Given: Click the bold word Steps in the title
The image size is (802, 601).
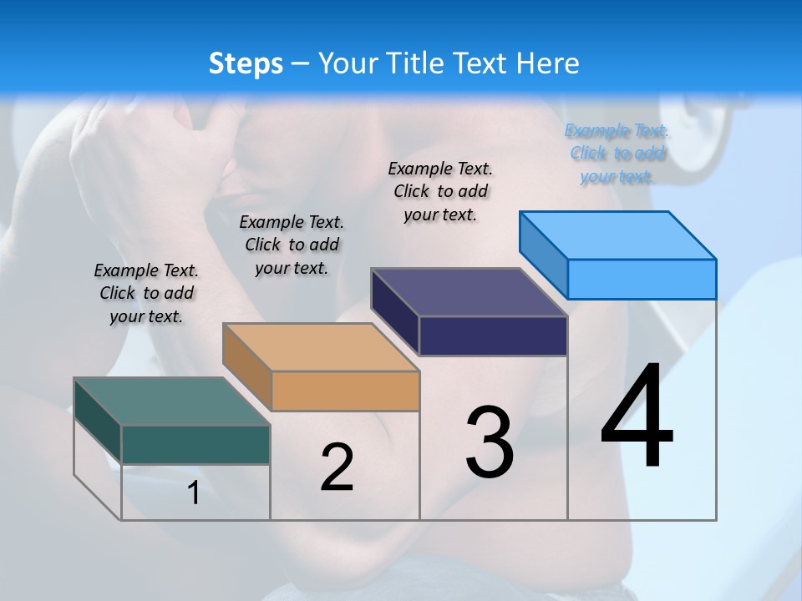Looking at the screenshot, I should tap(245, 63).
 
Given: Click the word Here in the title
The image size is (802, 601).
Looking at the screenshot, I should tap(547, 63).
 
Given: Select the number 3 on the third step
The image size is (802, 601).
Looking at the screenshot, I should tap(489, 442).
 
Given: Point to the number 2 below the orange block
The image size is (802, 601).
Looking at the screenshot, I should tap(337, 467).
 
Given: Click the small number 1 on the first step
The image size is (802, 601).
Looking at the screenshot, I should tap(193, 493).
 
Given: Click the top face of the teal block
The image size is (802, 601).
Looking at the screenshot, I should tap(171, 402).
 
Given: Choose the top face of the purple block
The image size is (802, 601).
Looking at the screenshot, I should tap(470, 292).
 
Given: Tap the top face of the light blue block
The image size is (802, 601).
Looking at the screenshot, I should tap(618, 235).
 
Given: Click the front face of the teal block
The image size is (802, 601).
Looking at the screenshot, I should tap(195, 444).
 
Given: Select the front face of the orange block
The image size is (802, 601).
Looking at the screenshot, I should tap(345, 391).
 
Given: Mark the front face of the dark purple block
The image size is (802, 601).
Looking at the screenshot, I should tap(493, 336).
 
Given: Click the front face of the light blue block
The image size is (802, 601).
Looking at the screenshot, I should tap(642, 279).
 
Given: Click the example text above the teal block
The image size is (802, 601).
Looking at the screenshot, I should tap(146, 293).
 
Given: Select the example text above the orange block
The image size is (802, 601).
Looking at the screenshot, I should tap(292, 245).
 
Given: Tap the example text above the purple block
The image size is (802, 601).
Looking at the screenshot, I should tap(440, 191).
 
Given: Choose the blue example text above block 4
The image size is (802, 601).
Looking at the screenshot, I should tap(617, 153).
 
